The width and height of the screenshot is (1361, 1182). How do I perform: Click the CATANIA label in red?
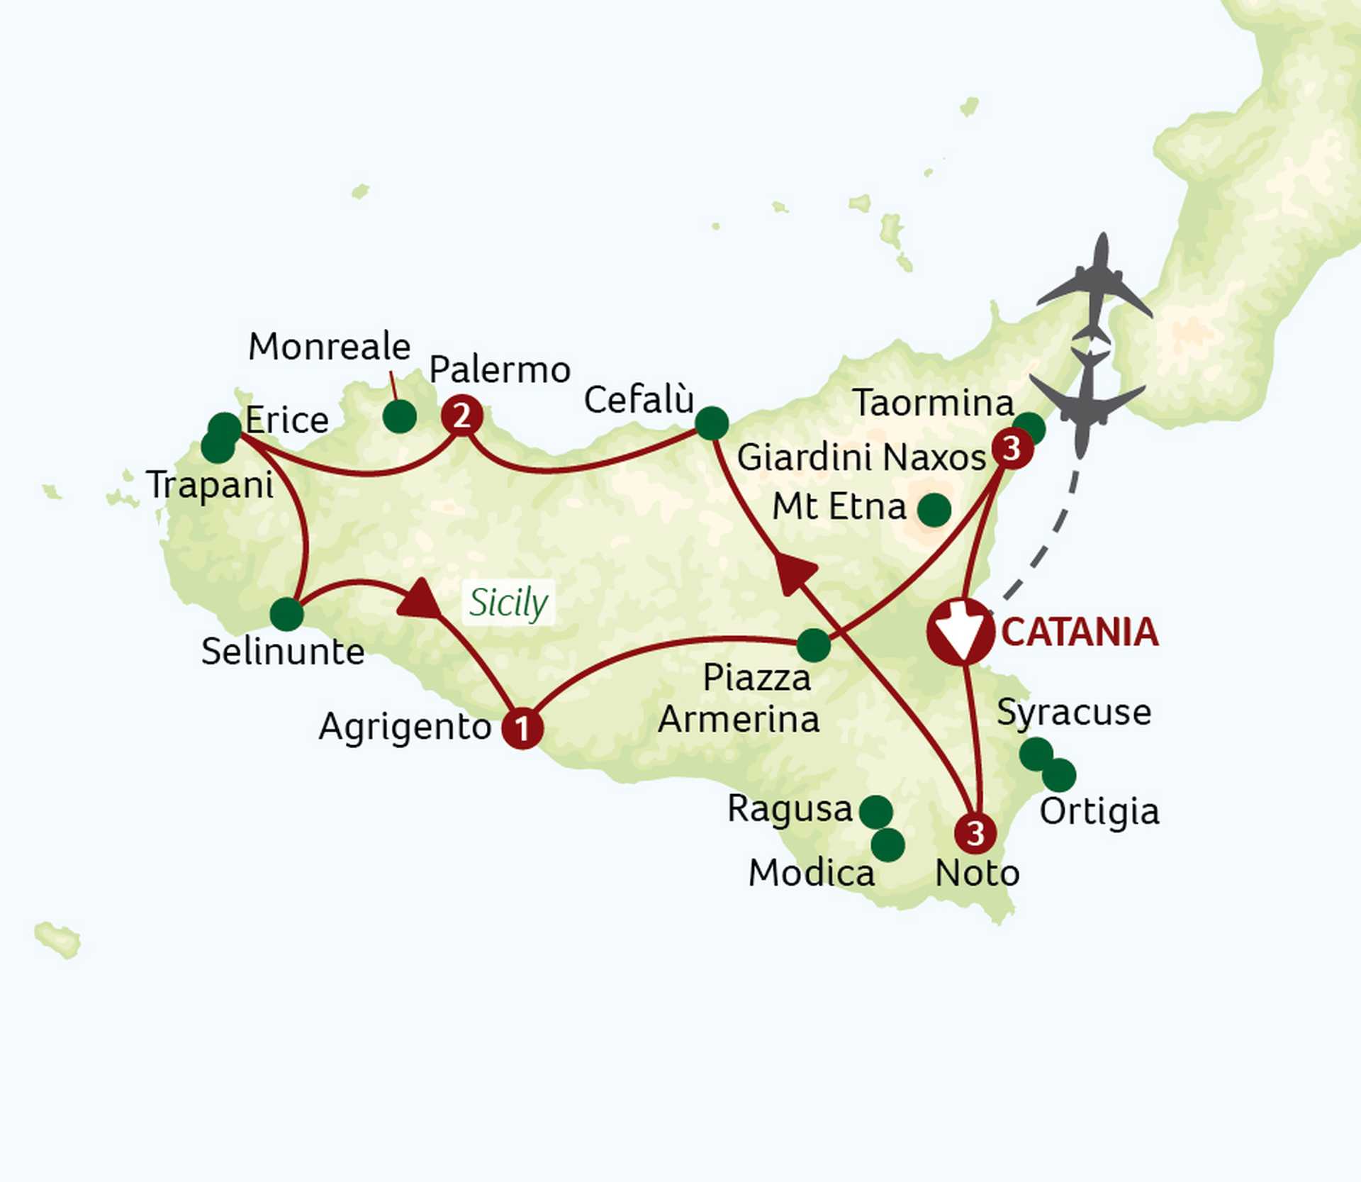pyautogui.click(x=1080, y=632)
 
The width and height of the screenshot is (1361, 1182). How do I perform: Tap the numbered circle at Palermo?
pyautogui.click(x=462, y=416)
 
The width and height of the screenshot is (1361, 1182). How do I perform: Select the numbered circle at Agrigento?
pyautogui.click(x=522, y=728)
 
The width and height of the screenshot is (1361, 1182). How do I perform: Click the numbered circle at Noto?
pyautogui.click(x=975, y=833)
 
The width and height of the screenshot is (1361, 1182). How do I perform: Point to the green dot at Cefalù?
pyautogui.click(x=712, y=423)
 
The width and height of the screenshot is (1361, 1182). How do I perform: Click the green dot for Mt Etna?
pyautogui.click(x=934, y=510)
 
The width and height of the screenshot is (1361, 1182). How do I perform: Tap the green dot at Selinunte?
pyautogui.click(x=287, y=614)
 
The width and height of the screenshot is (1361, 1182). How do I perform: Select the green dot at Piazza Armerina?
pyautogui.click(x=814, y=645)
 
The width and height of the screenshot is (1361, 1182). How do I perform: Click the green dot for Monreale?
pyautogui.click(x=399, y=416)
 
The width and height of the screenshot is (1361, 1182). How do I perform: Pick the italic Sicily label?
pyautogui.click(x=508, y=603)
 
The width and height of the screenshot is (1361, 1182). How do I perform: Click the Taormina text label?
pyautogui.click(x=933, y=403)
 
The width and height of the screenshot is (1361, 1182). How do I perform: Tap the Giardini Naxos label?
pyautogui.click(x=861, y=457)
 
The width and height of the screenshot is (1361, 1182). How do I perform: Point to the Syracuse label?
pyautogui.click(x=1074, y=712)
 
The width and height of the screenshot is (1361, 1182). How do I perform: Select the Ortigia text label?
pyautogui.click(x=1099, y=811)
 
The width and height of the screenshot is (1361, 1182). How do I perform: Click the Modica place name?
pyautogui.click(x=812, y=873)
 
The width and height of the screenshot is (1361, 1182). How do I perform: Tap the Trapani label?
pyautogui.click(x=211, y=486)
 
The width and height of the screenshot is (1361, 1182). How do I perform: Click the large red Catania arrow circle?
pyautogui.click(x=960, y=632)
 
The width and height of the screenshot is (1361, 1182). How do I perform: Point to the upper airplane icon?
pyautogui.click(x=1096, y=287)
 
